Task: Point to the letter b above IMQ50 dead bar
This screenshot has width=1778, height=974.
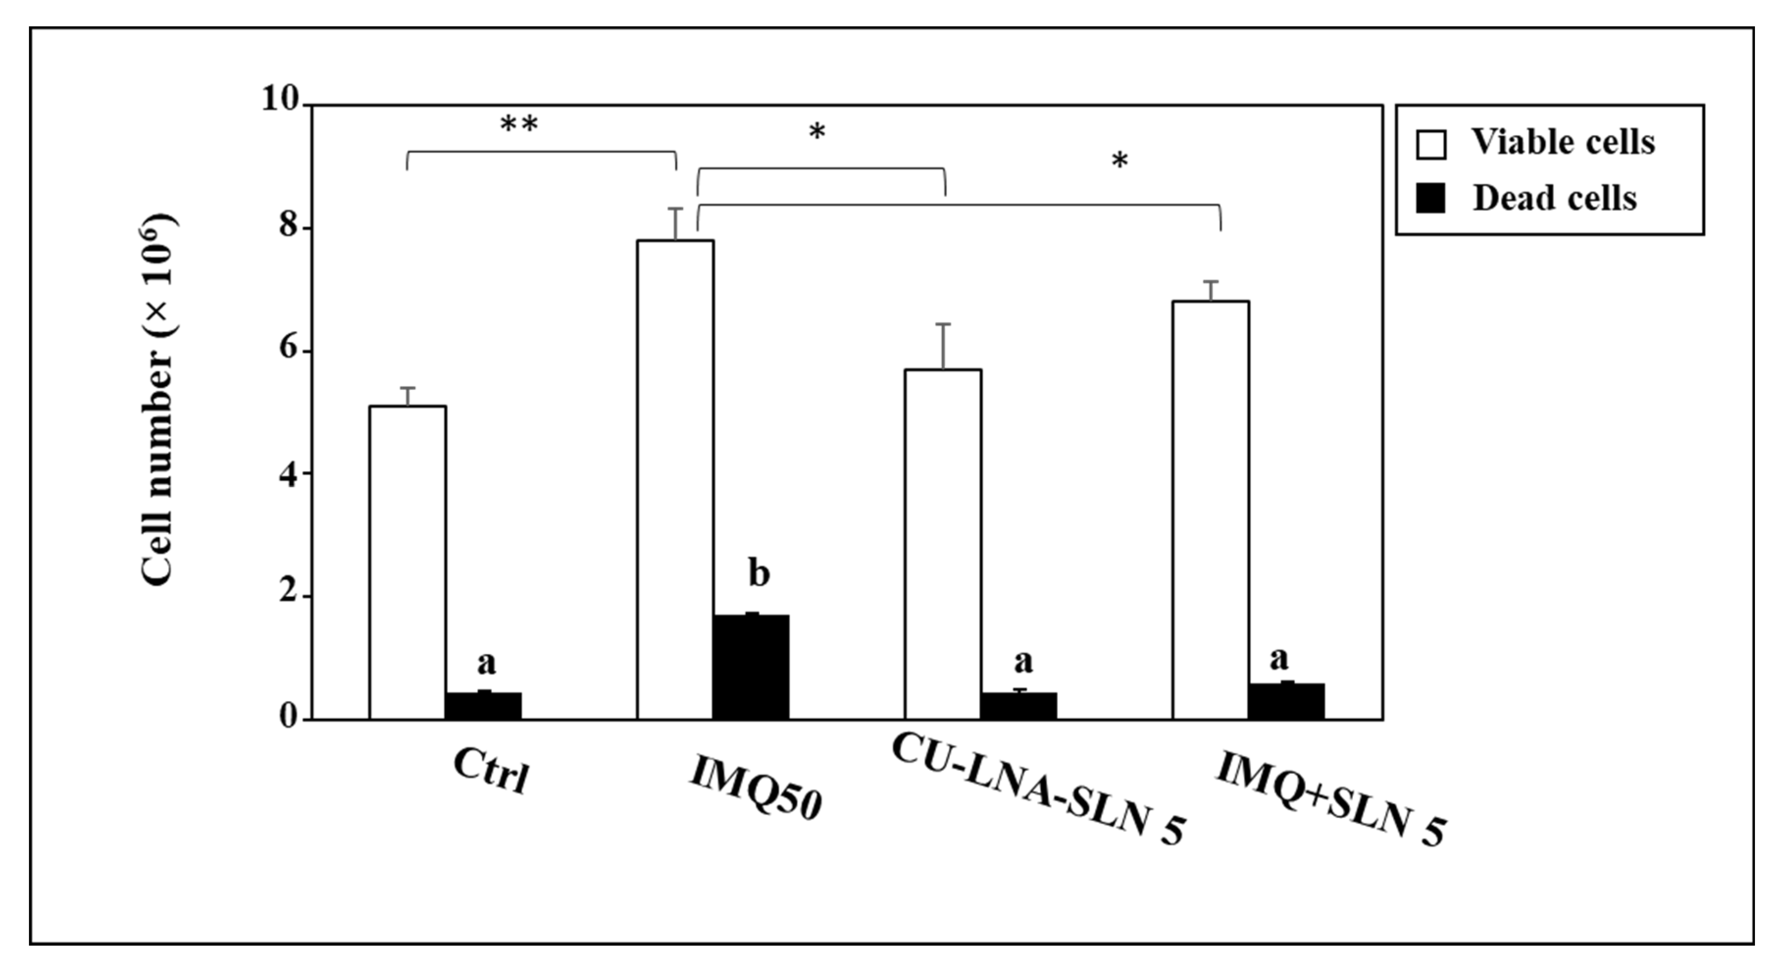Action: (758, 574)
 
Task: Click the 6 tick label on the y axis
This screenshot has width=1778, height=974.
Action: (289, 349)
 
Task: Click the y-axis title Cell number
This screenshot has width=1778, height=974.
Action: (159, 400)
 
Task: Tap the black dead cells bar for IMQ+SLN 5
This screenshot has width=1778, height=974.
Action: (1287, 701)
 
